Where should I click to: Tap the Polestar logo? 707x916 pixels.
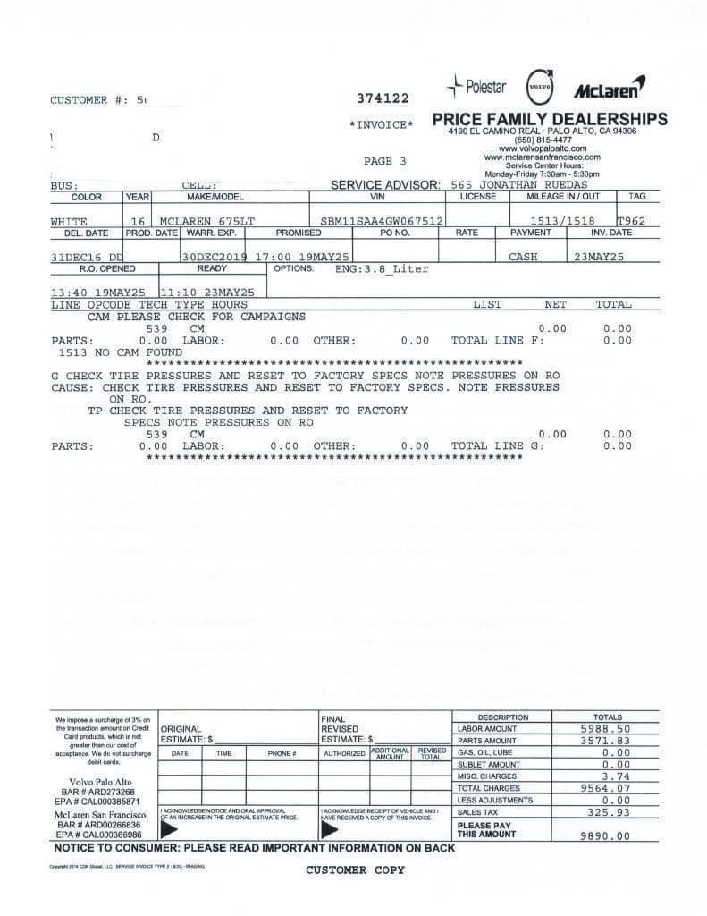pos(477,87)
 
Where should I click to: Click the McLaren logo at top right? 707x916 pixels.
pos(610,89)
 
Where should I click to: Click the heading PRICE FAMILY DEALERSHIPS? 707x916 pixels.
pos(549,119)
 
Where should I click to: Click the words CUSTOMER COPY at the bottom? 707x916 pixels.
pos(355,869)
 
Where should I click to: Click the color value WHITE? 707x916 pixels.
pos(69,221)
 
